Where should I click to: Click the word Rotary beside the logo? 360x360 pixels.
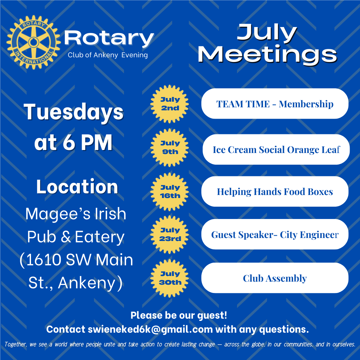pyautogui.click(x=109, y=38)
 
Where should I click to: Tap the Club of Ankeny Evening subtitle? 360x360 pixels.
pyautogui.click(x=108, y=55)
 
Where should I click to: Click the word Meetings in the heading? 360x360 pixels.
pyautogui.click(x=267, y=54)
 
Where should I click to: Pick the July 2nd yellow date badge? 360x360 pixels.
pyautogui.click(x=170, y=104)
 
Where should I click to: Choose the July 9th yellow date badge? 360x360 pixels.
pyautogui.click(x=170, y=147)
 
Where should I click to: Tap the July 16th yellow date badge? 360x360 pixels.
pyautogui.click(x=170, y=191)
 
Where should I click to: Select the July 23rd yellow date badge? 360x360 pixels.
pyautogui.click(x=170, y=234)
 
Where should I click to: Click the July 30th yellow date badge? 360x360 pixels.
pyautogui.click(x=170, y=278)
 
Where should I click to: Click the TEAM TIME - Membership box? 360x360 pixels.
pyautogui.click(x=275, y=104)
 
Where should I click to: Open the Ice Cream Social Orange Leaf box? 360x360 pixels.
pyautogui.click(x=276, y=149)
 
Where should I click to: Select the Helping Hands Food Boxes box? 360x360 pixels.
pyautogui.click(x=275, y=191)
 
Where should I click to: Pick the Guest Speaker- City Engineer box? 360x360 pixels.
pyautogui.click(x=275, y=234)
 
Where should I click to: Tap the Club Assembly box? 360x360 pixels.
pyautogui.click(x=275, y=278)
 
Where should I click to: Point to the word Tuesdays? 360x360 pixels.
pyautogui.click(x=74, y=112)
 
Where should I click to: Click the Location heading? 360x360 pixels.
pyautogui.click(x=77, y=187)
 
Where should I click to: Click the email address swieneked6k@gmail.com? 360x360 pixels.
pyautogui.click(x=150, y=329)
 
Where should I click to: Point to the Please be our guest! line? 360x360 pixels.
pyautogui.click(x=179, y=315)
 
